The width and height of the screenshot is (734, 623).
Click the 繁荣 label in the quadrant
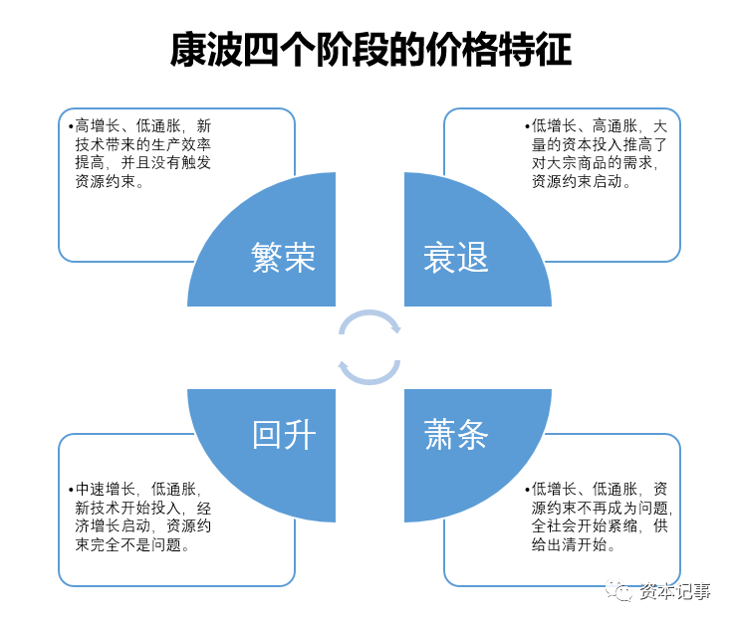[284, 258]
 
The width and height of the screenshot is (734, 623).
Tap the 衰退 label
[455, 258]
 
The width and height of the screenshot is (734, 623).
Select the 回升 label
[284, 435]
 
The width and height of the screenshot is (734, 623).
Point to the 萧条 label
[456, 435]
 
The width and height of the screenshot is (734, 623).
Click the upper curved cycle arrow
[370, 322]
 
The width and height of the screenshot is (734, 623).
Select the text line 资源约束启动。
[582, 182]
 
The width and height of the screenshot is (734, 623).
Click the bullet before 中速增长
[70, 490]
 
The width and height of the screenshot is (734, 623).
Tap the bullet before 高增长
[70, 126]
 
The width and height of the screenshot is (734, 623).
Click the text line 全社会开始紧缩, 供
[600, 526]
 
